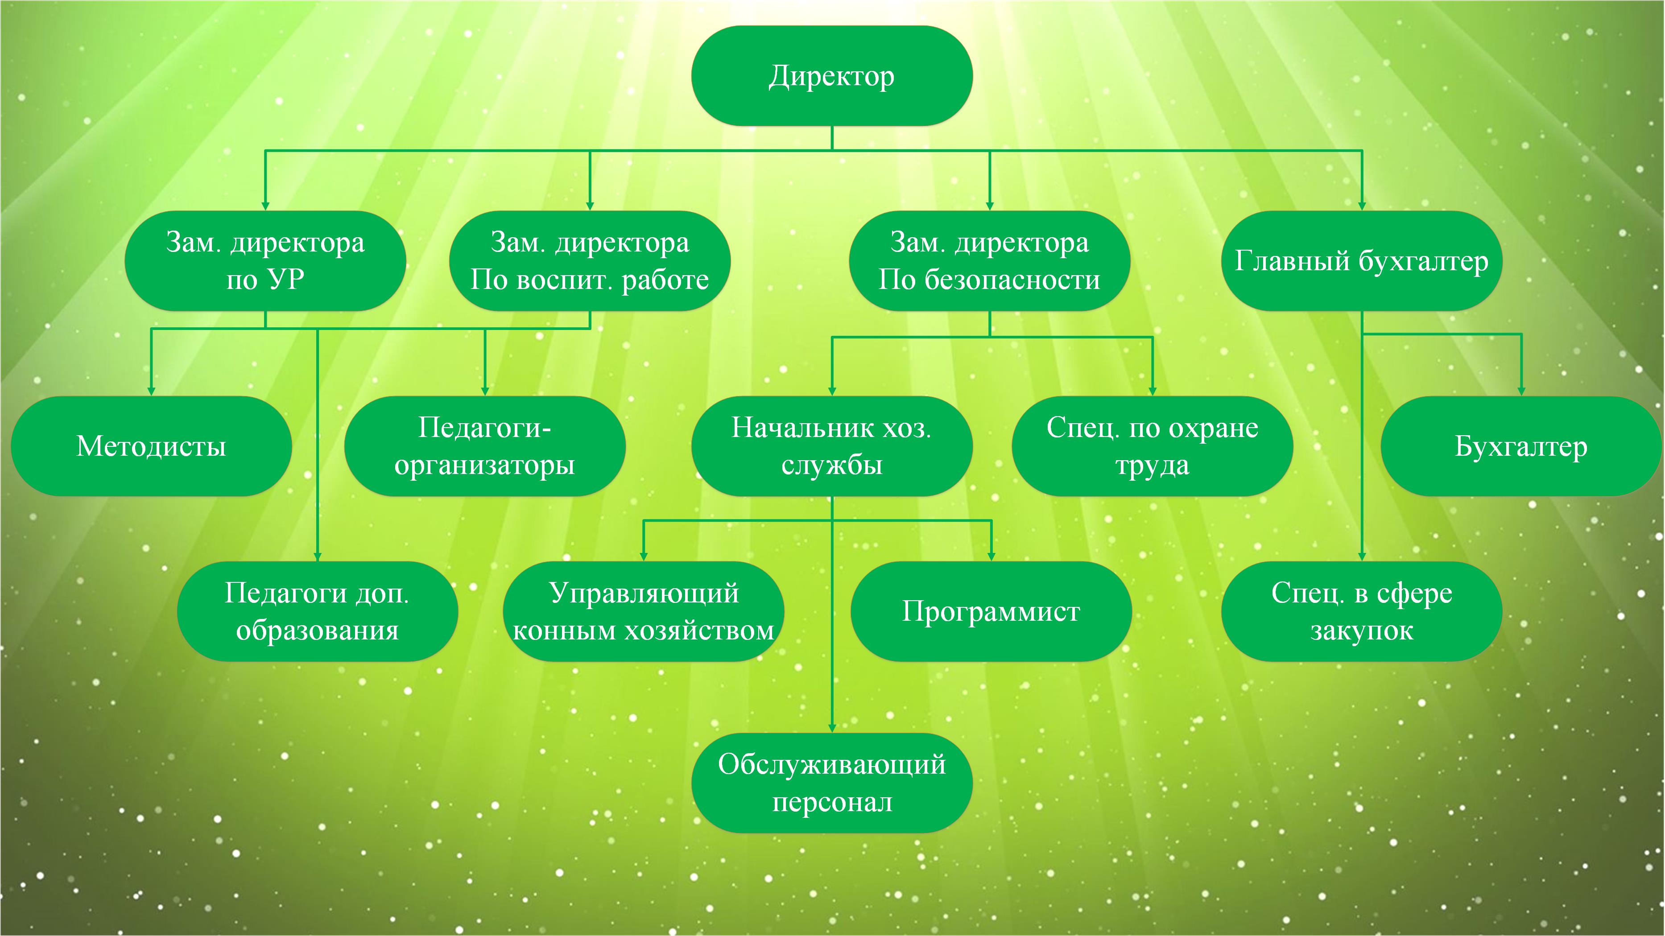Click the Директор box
[832, 76]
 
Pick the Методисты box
[151, 446]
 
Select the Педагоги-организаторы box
[485, 446]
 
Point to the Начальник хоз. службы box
[832, 446]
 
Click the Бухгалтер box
[1521, 446]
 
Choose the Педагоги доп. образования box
[318, 611]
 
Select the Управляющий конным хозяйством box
[643, 611]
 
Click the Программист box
[991, 611]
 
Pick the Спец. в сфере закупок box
[1362, 611]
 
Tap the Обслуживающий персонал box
[832, 783]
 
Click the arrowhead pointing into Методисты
[151, 391]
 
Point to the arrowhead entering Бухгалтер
[1521, 391]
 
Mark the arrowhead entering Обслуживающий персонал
[832, 728]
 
